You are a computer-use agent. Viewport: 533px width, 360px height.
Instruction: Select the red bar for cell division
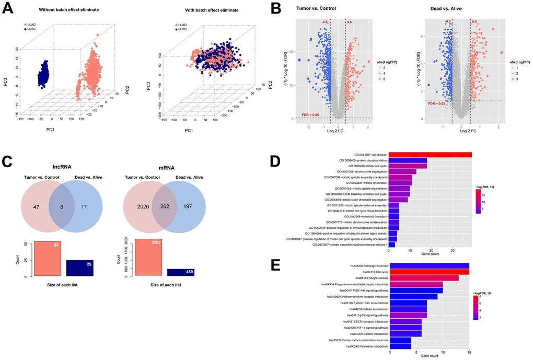[x=433, y=154]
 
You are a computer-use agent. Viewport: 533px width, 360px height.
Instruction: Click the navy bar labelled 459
[x=181, y=272]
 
